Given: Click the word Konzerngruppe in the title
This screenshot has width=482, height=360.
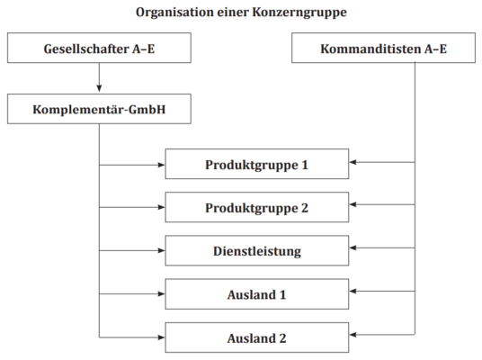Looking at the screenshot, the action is [299, 13].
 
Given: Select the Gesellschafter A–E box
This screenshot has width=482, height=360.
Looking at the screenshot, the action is [99, 48].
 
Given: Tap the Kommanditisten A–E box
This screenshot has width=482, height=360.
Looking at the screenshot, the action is [383, 48].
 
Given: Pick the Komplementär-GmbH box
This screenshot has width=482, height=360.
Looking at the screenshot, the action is [99, 109].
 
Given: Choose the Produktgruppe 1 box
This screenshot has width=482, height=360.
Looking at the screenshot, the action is [257, 164].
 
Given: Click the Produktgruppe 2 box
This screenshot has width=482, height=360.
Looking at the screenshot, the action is [257, 207].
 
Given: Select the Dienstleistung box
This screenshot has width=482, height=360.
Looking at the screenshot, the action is [257, 250].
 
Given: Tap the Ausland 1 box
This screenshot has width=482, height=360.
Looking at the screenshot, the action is [257, 293].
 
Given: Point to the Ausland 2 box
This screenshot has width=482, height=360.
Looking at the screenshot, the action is [257, 337].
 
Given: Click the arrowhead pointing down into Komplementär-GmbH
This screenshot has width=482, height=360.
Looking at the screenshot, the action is [99, 88].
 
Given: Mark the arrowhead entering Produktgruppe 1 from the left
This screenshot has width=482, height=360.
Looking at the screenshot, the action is [161, 165].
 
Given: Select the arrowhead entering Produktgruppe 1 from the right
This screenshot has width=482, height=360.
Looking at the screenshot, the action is [353, 162].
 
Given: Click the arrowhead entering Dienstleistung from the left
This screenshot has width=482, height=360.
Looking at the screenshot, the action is [161, 250].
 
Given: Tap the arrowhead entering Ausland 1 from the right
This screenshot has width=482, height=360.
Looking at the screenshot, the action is [353, 291].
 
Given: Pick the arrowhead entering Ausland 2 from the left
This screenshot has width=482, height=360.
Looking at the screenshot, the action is [161, 337].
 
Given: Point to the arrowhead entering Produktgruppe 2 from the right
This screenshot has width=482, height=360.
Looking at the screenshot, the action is [353, 204].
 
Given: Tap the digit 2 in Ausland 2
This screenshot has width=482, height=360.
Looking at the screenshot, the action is [282, 338].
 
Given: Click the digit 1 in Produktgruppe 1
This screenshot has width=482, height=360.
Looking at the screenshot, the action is [305, 165].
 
